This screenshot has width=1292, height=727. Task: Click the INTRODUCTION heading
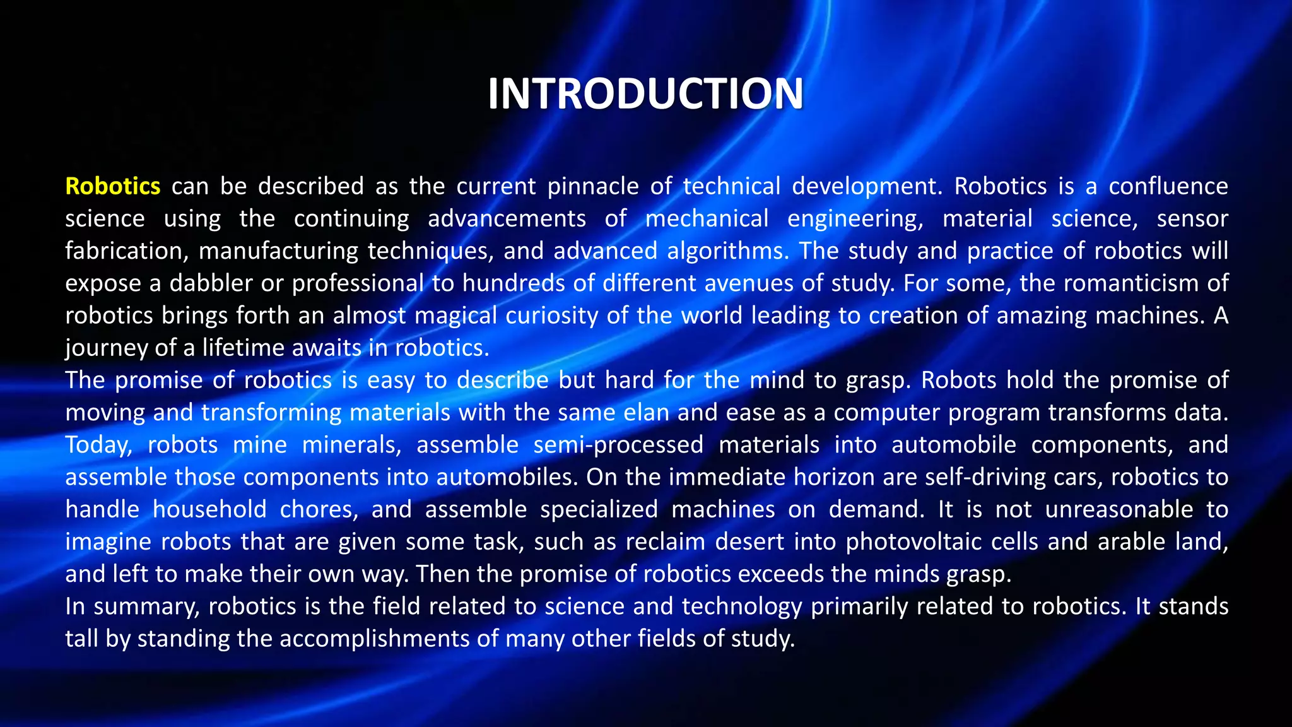click(x=645, y=93)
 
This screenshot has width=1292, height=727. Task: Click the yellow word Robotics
click(x=113, y=186)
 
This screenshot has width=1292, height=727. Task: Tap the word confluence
click(x=1168, y=186)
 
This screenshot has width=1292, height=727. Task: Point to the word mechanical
click(x=707, y=218)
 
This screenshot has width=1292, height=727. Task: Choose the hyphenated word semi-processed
click(x=618, y=445)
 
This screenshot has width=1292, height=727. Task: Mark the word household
click(x=209, y=509)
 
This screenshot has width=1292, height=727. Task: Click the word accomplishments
click(x=374, y=639)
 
